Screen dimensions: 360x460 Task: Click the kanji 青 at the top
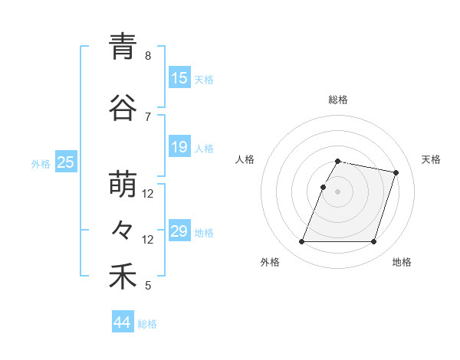pyautogui.click(x=123, y=47)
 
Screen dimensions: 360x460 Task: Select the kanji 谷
pyautogui.click(x=123, y=108)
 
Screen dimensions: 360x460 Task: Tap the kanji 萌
pyautogui.click(x=123, y=185)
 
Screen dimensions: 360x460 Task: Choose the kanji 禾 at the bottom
pyautogui.click(x=123, y=277)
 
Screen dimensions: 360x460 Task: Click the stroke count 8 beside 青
pyautogui.click(x=148, y=56)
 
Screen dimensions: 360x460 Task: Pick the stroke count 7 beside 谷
pyautogui.click(x=148, y=116)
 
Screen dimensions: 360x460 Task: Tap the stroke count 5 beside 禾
pyautogui.click(x=148, y=286)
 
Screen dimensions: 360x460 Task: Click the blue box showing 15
pyautogui.click(x=179, y=78)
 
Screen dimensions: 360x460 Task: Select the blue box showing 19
pyautogui.click(x=179, y=147)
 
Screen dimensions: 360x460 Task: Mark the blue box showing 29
pyautogui.click(x=179, y=231)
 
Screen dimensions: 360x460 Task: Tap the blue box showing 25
pyautogui.click(x=65, y=162)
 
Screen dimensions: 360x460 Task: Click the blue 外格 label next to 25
pyautogui.click(x=41, y=163)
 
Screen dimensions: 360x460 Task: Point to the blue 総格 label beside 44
pyautogui.click(x=147, y=324)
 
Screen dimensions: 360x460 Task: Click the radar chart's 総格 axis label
pyautogui.click(x=338, y=100)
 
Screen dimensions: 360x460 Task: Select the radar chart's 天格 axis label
pyautogui.click(x=431, y=159)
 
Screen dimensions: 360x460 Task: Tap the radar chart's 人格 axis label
pyautogui.click(x=245, y=159)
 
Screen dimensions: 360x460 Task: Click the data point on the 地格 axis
pyautogui.click(x=373, y=242)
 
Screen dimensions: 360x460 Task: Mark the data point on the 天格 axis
pyautogui.click(x=396, y=173)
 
